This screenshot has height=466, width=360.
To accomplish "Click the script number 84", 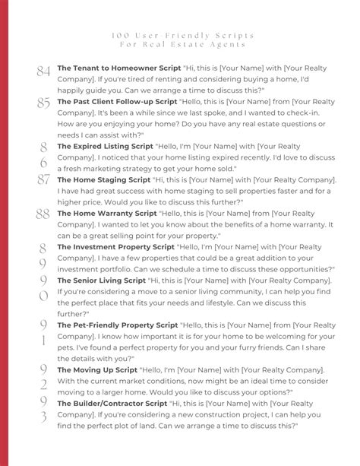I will click(x=43, y=71).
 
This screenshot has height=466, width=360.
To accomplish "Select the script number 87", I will click(x=43, y=181).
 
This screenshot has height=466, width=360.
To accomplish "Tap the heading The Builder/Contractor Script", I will click(x=112, y=403).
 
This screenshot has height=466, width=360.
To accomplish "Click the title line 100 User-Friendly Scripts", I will click(x=180, y=36).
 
